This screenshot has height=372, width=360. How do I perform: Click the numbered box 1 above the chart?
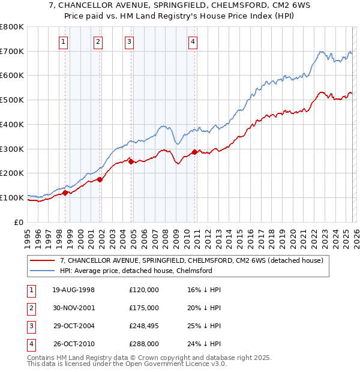(64, 42)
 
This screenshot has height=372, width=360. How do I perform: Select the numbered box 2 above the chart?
(98, 42)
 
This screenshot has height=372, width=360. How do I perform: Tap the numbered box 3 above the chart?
(130, 42)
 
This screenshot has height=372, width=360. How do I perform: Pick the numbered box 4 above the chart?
(193, 42)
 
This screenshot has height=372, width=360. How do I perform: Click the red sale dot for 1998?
(65, 193)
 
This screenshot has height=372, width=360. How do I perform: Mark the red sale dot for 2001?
(100, 179)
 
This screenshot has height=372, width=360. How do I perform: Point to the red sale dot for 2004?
(131, 161)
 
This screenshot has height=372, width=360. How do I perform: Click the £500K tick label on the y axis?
(11, 100)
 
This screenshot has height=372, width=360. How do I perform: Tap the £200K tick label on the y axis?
(11, 173)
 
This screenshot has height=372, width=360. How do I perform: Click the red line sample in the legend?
(43, 260)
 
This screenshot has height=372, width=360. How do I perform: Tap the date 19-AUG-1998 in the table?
(73, 290)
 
